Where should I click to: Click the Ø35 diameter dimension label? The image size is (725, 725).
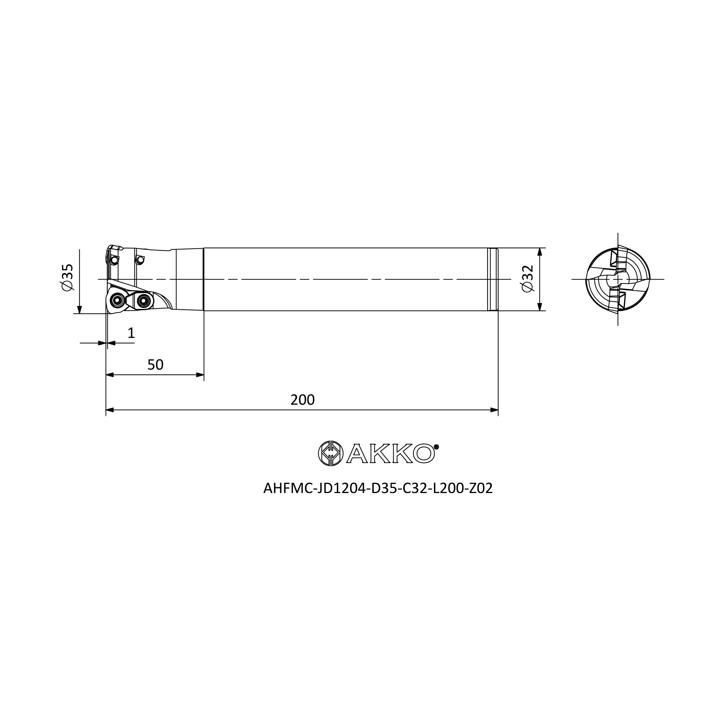(x=67, y=277)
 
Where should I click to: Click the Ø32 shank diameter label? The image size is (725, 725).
(x=527, y=278)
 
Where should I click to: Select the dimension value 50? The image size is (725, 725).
(x=156, y=365)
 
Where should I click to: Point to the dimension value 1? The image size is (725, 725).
(x=131, y=333)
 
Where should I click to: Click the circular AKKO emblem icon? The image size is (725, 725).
(x=331, y=454)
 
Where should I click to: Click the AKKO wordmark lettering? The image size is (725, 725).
(x=390, y=454)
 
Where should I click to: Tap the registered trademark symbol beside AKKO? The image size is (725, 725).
(x=436, y=447)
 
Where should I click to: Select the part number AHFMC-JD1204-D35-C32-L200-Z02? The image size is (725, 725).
(x=378, y=488)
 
